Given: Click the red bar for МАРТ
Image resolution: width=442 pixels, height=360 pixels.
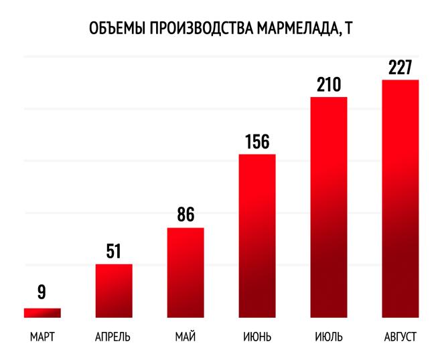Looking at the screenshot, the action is (42, 313).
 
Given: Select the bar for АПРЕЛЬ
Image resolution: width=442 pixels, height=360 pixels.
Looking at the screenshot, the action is (114, 291).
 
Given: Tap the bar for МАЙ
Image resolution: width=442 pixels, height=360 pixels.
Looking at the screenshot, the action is (186, 272).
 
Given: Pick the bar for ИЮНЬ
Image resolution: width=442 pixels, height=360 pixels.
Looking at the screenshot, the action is (257, 236).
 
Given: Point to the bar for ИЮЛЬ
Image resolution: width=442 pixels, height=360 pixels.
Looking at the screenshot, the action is (329, 207).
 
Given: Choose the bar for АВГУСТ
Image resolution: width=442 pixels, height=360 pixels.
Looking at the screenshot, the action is (400, 199).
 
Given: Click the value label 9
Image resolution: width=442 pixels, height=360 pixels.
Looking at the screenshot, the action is (42, 292).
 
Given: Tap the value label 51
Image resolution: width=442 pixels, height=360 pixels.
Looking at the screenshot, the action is (114, 251).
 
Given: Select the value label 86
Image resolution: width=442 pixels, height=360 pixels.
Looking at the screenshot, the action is (186, 214).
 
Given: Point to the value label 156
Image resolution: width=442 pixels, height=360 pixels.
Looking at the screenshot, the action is (257, 141).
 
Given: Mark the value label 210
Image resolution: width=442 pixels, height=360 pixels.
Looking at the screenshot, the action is (329, 84).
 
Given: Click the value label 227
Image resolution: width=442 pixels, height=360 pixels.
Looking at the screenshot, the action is (400, 68).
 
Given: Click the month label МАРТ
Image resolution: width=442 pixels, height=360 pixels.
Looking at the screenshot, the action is (42, 337).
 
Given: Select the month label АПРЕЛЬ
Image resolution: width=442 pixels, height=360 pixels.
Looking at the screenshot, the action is (113, 337).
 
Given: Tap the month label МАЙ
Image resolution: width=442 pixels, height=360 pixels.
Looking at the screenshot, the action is (186, 337).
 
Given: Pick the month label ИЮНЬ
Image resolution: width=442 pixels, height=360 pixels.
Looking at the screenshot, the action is (257, 337).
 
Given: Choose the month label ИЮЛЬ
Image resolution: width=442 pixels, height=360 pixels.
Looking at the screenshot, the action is (329, 337).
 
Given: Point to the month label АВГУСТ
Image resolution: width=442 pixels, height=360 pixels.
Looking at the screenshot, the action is (400, 337).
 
